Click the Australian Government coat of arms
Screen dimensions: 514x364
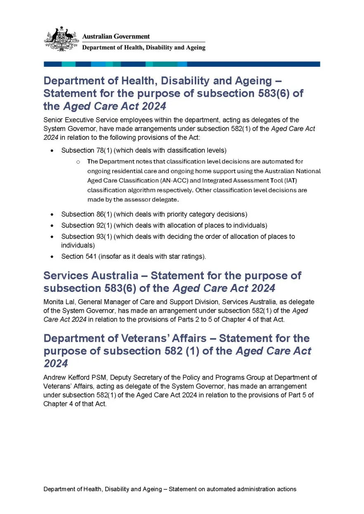(x=61, y=39)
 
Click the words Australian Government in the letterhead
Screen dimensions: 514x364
(x=116, y=37)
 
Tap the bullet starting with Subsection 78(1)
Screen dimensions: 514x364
(x=144, y=150)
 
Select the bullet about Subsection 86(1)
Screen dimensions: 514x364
(x=154, y=214)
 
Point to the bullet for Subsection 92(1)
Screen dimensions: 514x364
(x=164, y=225)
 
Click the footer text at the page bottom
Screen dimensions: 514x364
(x=170, y=489)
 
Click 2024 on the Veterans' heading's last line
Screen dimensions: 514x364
(x=56, y=364)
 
